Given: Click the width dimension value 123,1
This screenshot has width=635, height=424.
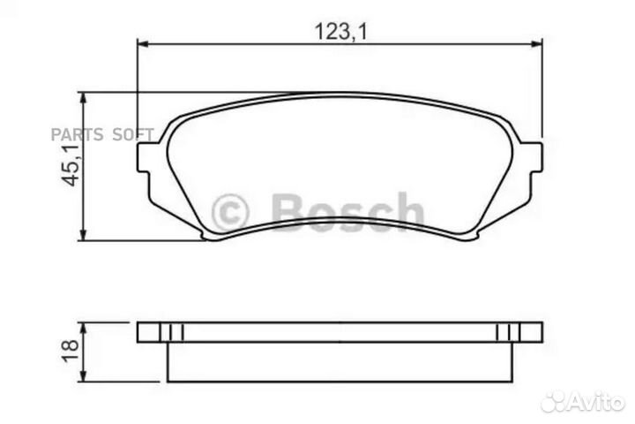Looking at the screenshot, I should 340,33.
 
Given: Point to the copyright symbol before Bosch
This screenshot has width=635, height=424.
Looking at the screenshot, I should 232,212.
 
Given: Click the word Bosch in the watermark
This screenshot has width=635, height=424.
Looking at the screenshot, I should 347,212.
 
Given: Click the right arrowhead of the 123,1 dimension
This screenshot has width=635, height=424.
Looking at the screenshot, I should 537,44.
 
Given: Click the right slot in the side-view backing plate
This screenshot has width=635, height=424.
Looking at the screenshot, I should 507,332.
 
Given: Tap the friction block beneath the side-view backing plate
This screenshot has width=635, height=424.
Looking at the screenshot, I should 340,361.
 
